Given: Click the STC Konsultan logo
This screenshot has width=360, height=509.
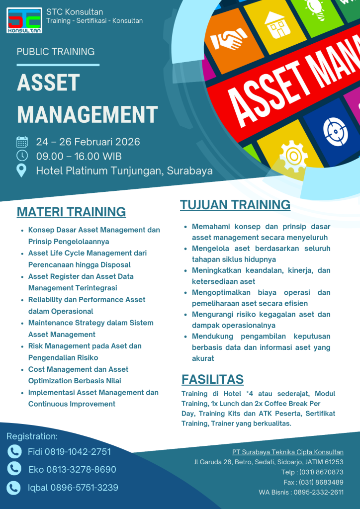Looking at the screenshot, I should [25, 20].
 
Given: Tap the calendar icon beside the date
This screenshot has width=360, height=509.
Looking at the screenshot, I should [22, 142].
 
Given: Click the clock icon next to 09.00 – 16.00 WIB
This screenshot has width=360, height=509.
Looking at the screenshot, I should [22, 156].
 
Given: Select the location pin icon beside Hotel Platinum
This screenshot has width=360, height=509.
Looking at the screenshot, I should [22, 170].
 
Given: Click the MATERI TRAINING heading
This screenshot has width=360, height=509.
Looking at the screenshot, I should [71, 212].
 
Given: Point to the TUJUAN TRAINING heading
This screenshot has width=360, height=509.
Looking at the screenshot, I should [235, 205].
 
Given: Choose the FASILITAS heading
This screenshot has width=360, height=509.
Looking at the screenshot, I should [212, 379].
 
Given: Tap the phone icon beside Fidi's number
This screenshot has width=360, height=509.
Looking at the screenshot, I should [14, 451].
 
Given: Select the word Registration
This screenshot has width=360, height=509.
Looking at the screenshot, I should [32, 436].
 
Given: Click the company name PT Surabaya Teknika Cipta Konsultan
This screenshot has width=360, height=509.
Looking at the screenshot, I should [288, 452].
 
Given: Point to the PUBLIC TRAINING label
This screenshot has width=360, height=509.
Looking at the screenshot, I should [56, 52].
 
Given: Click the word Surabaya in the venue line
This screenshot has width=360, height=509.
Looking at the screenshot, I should [190, 170].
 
